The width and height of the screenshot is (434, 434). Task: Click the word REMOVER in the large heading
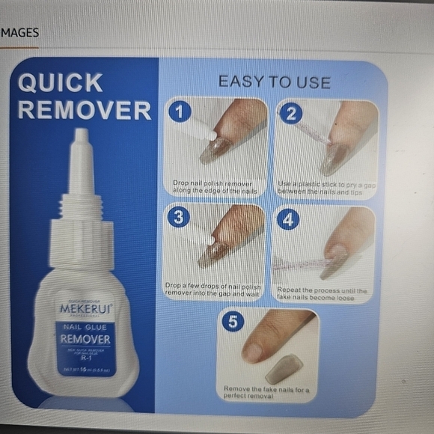84,110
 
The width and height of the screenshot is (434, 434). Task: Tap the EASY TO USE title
274,82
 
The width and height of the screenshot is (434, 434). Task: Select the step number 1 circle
180,112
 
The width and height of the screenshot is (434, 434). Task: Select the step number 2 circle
290,114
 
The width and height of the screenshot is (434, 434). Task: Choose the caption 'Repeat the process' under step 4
322,293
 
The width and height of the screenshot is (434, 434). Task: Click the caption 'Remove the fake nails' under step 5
266,391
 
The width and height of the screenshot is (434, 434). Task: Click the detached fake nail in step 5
284,368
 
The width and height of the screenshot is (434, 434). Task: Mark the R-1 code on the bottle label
86,358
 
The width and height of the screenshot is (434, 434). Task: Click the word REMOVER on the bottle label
86,340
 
